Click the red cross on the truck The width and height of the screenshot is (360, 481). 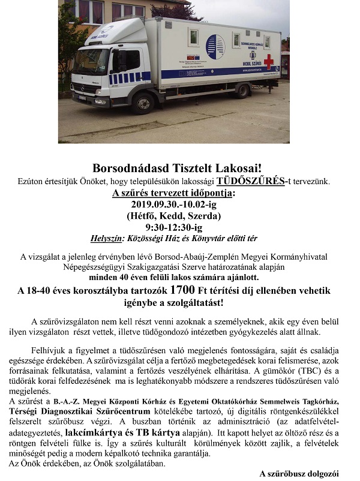(x=268, y=61)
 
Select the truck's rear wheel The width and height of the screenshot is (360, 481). (x=241, y=91)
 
